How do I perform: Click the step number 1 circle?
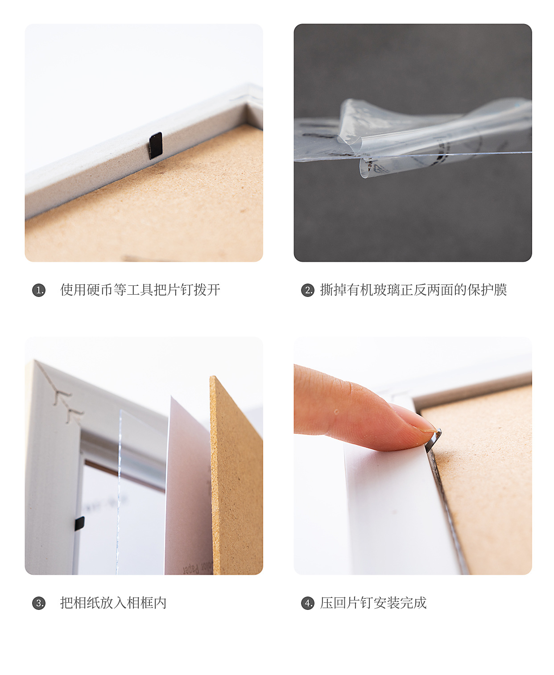tap(39, 290)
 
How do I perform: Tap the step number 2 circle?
tap(308, 290)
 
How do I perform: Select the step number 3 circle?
tap(39, 603)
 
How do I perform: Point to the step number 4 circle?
tap(308, 603)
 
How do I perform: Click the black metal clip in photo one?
tap(156, 145)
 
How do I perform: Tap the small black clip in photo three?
tap(79, 523)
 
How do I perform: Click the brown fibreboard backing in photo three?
tap(236, 477)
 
